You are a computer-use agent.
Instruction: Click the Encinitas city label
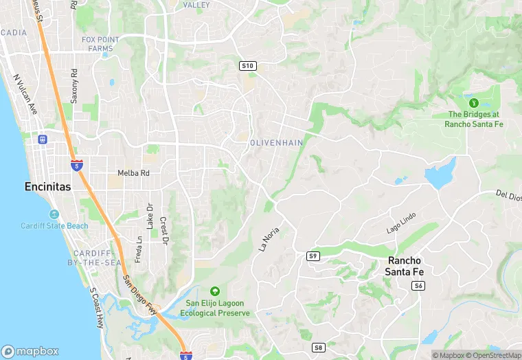click(x=47, y=186)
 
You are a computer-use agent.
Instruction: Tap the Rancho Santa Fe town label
click(x=405, y=267)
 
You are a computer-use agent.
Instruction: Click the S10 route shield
click(x=248, y=65)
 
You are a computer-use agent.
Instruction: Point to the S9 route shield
click(x=313, y=256)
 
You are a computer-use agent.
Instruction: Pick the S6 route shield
click(x=418, y=285)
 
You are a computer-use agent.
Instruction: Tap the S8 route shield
click(x=318, y=348)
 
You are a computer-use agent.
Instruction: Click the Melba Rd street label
click(x=133, y=173)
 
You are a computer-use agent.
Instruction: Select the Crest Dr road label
click(x=164, y=231)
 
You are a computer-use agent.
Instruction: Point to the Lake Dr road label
click(x=150, y=216)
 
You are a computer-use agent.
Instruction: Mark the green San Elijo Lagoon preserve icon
click(x=215, y=291)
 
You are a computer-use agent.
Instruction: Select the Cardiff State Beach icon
click(x=54, y=214)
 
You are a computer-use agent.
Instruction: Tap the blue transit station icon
click(x=43, y=139)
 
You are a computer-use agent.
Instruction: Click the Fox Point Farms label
click(x=100, y=44)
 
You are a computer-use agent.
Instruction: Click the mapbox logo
click(x=31, y=351)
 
